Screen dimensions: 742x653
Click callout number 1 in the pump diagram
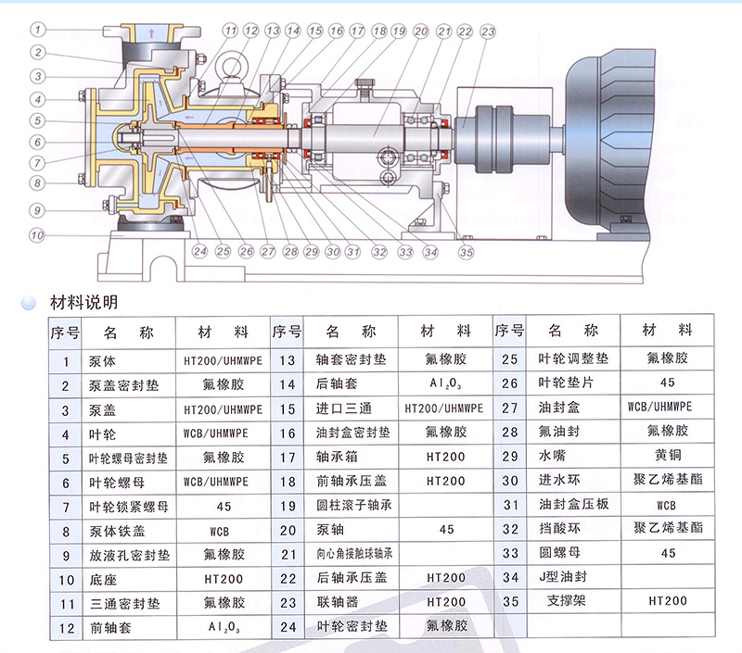[x=38, y=30]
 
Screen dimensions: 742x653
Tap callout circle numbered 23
[x=488, y=31]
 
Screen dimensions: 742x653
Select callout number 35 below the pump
[x=467, y=252]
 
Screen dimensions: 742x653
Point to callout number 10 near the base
[x=37, y=235]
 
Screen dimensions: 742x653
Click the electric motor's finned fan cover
[x=610, y=137]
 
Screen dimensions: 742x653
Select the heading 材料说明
[x=83, y=302]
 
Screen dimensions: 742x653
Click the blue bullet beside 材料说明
[x=29, y=303]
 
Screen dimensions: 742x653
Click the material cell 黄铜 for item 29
[x=668, y=455]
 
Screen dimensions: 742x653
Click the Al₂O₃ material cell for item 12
[x=224, y=627]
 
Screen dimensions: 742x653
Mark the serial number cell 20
[x=288, y=531]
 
